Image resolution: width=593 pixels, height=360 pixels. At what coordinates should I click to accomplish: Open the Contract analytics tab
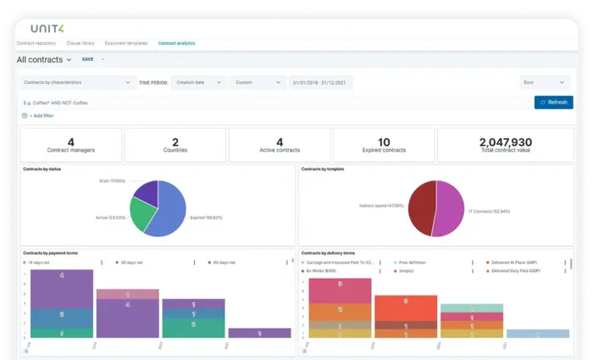point(176,43)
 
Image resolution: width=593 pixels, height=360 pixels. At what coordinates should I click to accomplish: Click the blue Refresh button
point(553,102)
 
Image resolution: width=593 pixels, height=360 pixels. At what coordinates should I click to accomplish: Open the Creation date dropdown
point(198,83)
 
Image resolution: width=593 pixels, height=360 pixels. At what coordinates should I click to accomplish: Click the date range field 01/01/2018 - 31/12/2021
point(320,83)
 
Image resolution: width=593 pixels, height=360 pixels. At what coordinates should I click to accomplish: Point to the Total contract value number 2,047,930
point(505,142)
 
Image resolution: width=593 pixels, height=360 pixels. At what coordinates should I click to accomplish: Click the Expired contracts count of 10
point(384,142)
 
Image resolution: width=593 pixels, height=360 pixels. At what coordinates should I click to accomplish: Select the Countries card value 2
point(175,142)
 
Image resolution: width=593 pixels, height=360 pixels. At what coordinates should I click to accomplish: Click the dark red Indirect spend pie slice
point(422,208)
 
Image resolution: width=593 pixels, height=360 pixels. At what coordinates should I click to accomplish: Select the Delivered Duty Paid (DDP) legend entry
point(518,270)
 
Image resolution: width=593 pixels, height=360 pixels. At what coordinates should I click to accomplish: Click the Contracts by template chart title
point(323,169)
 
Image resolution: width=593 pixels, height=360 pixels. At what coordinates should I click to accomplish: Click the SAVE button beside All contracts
point(88,60)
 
